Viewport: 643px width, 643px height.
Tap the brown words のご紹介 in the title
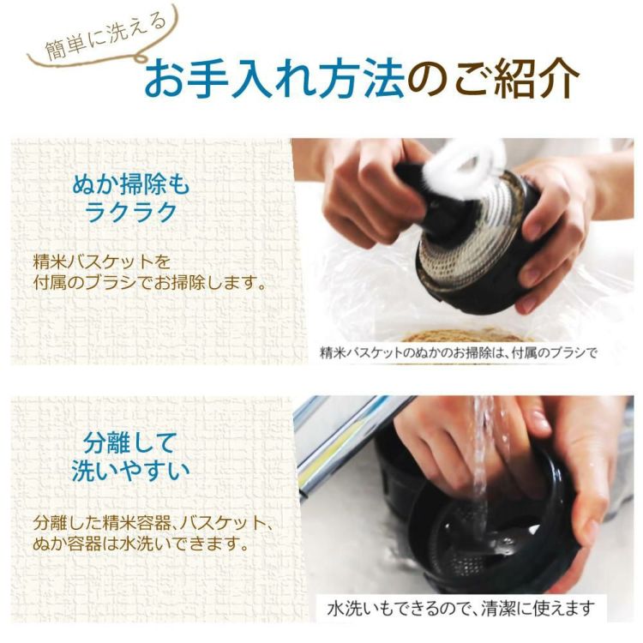point(492,81)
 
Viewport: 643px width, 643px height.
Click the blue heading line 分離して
point(130,443)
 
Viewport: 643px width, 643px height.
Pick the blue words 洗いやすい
point(130,472)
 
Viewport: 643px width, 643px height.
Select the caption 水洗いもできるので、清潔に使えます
point(460,608)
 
